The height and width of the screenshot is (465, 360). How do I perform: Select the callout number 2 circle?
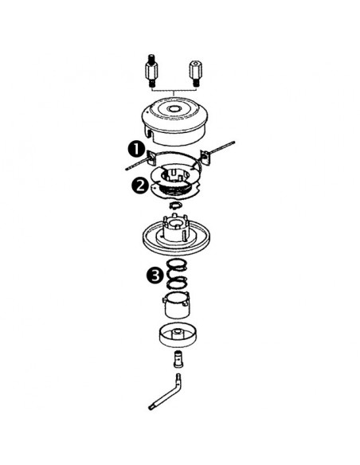[139, 185]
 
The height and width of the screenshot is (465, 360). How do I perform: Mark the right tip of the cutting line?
[237, 144]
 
